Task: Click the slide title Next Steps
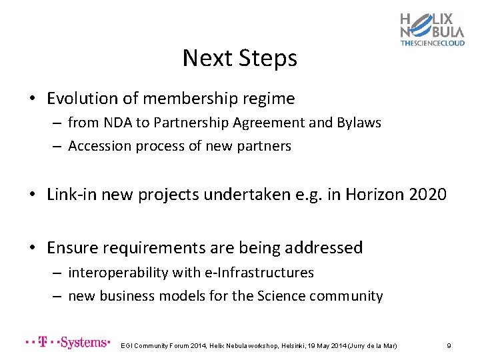pyautogui.click(x=239, y=59)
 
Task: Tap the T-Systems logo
pyautogui.click(x=67, y=343)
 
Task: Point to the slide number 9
pyautogui.click(x=449, y=345)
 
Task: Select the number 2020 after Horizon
pyautogui.click(x=424, y=195)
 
